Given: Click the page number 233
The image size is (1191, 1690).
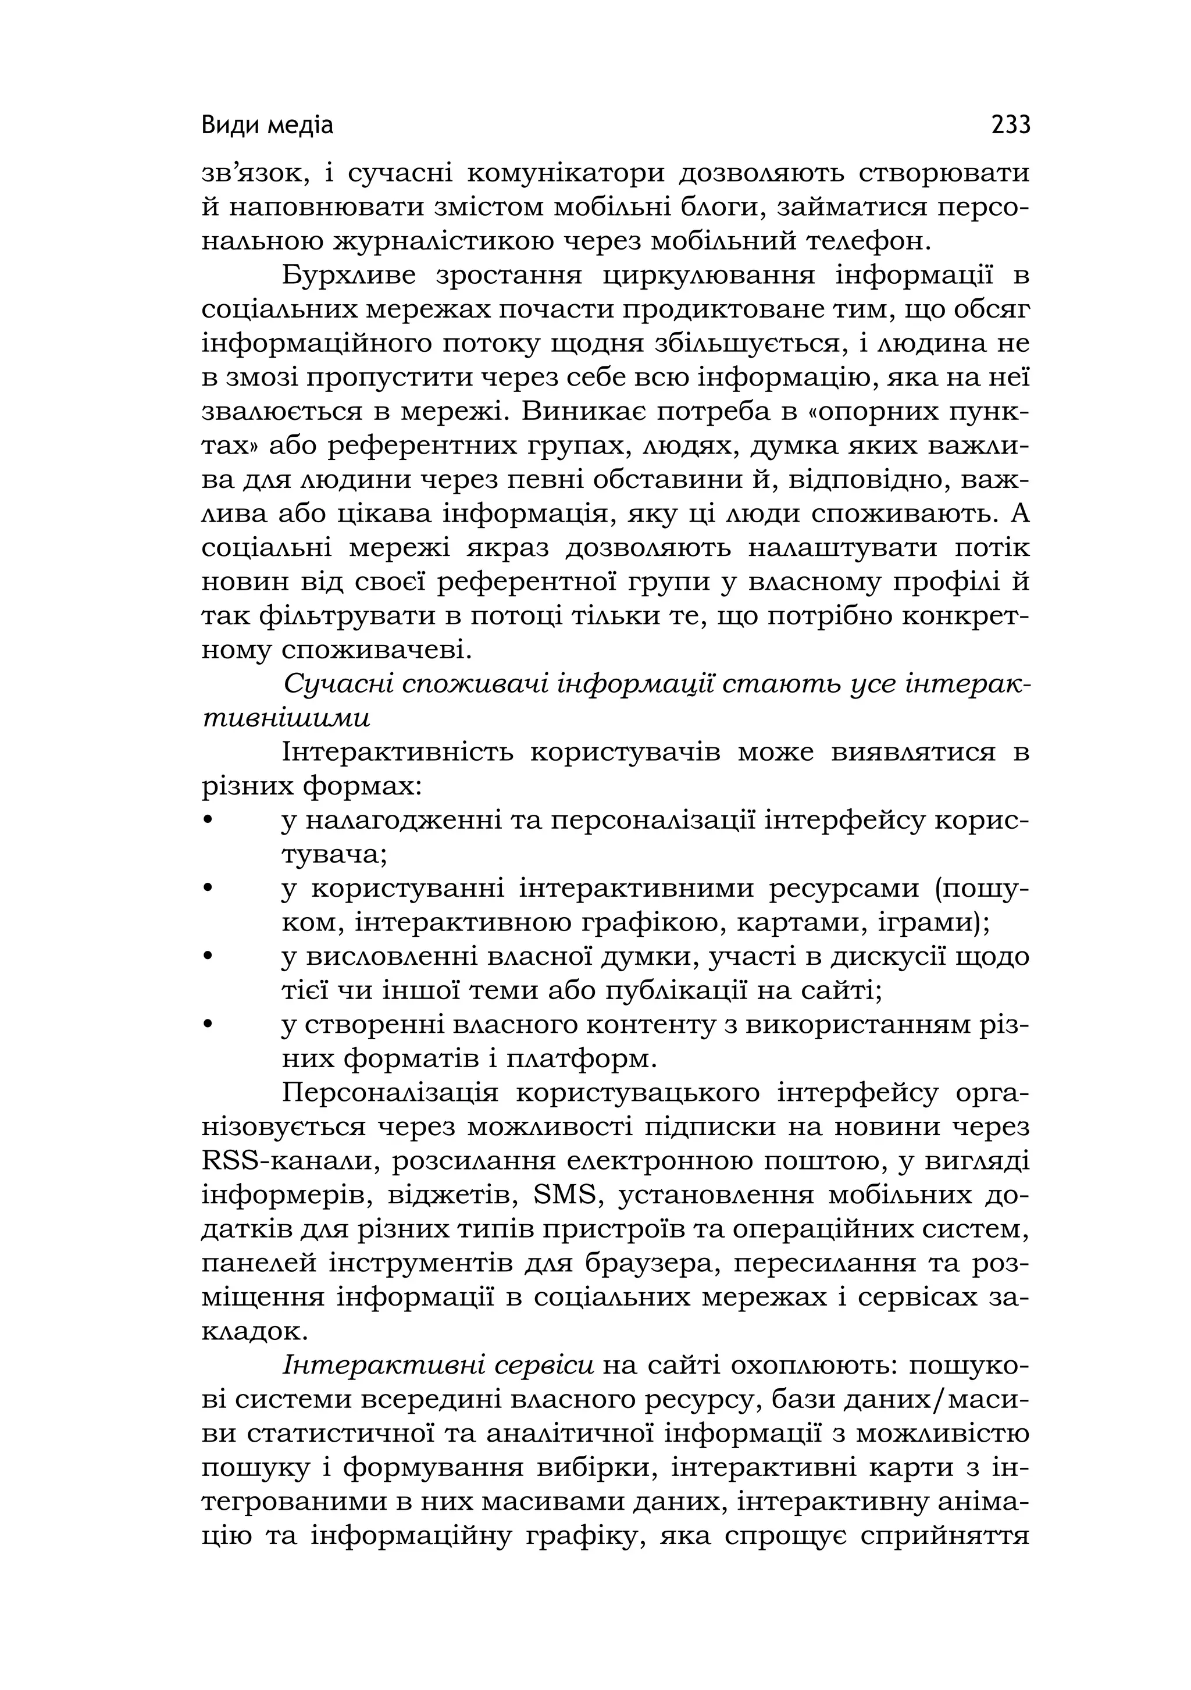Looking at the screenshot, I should [x=1011, y=125].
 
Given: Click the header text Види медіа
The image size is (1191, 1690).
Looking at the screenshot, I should [x=267, y=126].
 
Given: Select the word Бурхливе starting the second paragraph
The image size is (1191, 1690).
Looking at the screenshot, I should [x=349, y=275].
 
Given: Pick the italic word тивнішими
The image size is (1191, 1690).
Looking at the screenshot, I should [x=286, y=718].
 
